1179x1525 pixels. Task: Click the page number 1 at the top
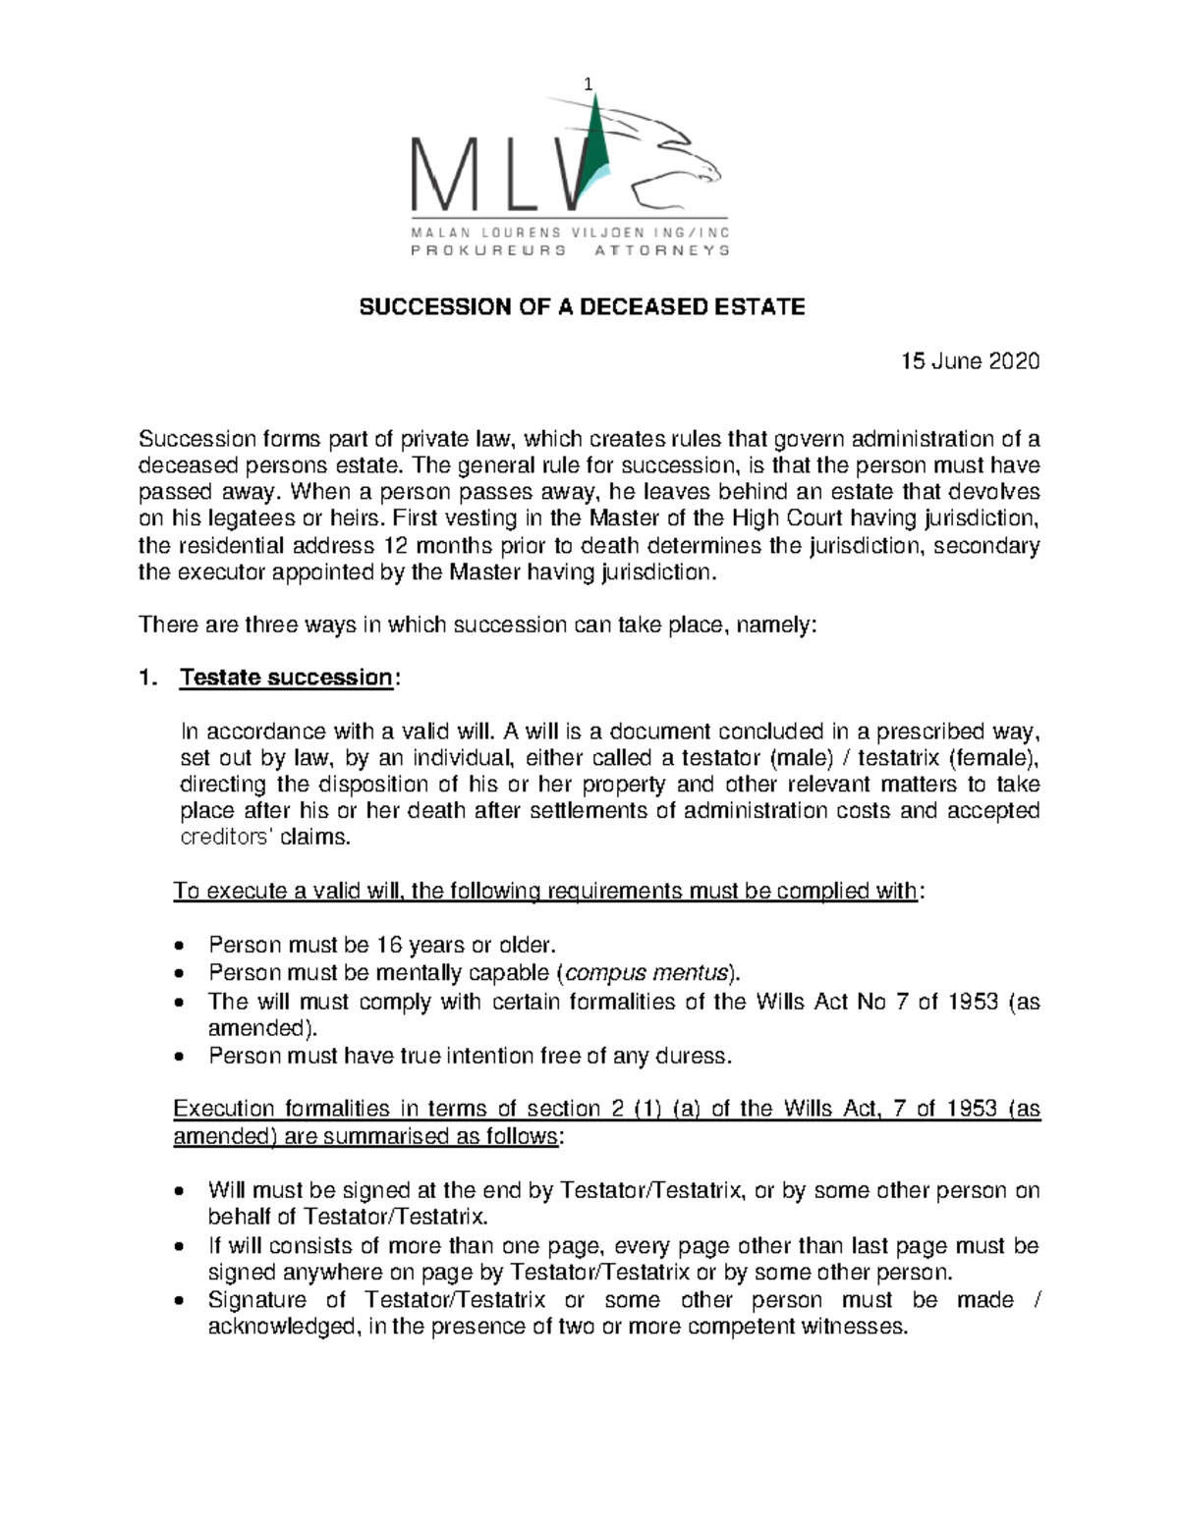tap(589, 84)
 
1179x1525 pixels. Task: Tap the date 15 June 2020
tap(970, 361)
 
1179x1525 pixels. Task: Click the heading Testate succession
tap(286, 678)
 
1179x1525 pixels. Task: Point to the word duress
tap(696, 1057)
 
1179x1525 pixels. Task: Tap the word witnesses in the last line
tap(854, 1327)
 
